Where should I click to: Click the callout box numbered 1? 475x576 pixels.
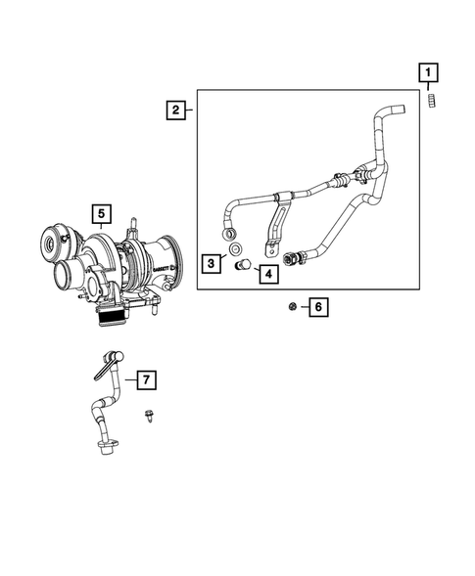click(x=428, y=71)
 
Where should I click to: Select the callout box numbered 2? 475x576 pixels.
click(x=175, y=111)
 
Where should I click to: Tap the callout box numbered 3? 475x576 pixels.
click(x=211, y=262)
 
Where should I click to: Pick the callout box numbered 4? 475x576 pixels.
click(x=266, y=275)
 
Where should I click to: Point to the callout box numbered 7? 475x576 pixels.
click(x=143, y=377)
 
